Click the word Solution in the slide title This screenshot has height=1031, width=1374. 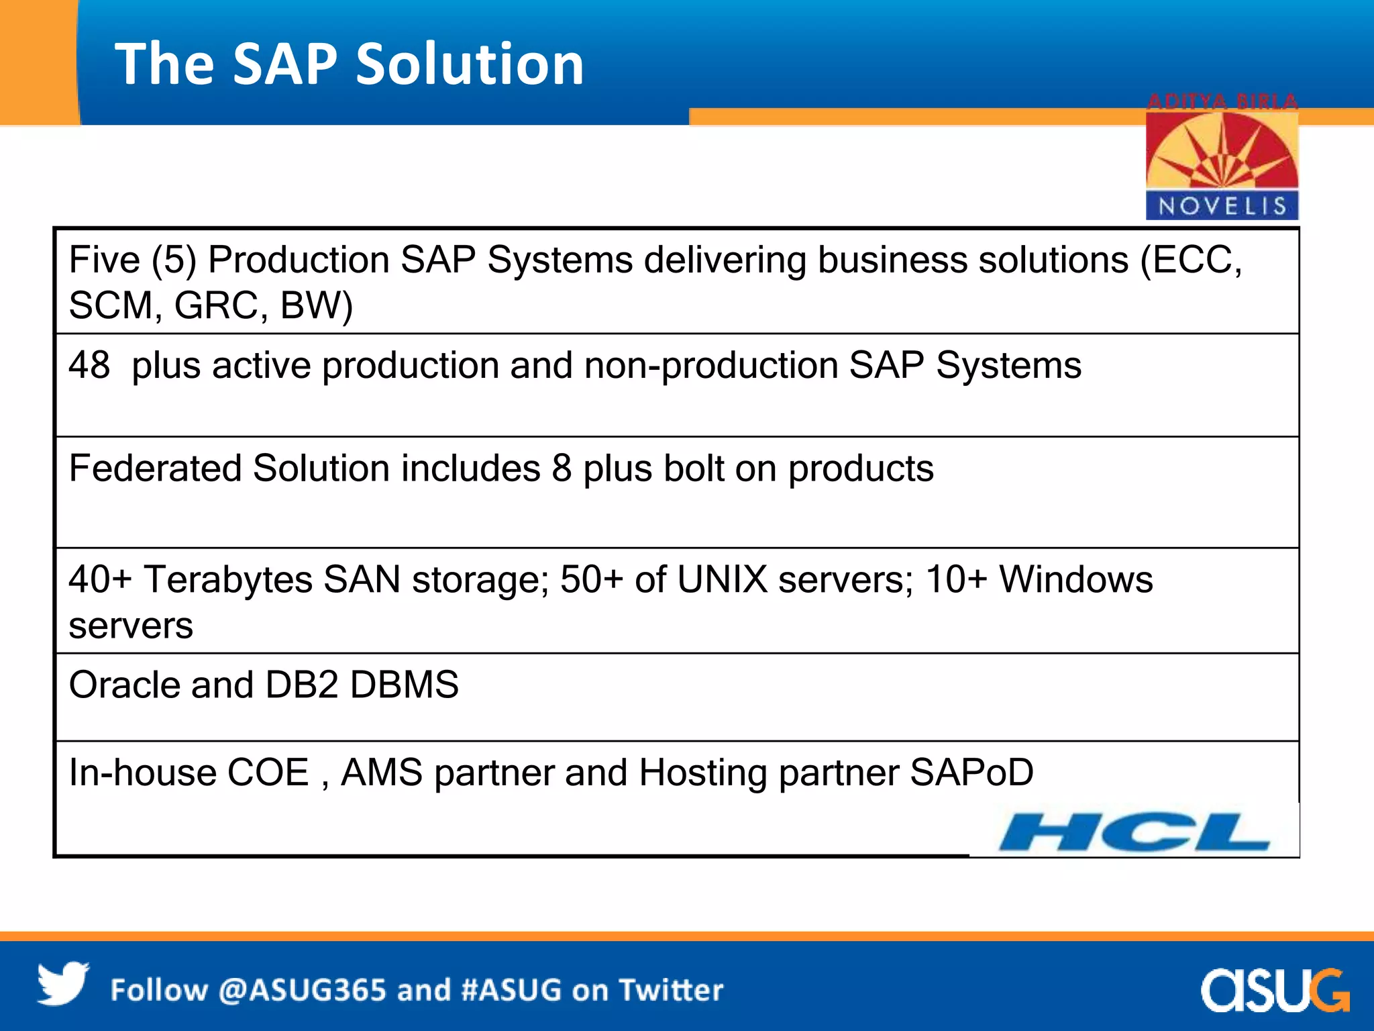pyautogui.click(x=469, y=64)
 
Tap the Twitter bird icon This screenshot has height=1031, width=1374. pyautogui.click(x=62, y=984)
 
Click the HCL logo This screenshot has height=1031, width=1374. pyautogui.click(x=1134, y=832)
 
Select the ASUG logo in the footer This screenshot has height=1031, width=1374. pyautogui.click(x=1275, y=989)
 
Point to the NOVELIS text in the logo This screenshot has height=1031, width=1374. pyautogui.click(x=1222, y=206)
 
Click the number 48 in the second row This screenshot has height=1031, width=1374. pyautogui.click(x=89, y=366)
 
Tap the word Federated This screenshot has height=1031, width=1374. pyautogui.click(x=155, y=468)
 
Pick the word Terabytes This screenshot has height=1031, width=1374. pyautogui.click(x=228, y=579)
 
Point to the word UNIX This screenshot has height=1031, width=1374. pyautogui.click(x=722, y=579)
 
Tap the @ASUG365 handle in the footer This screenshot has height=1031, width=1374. pyautogui.click(x=302, y=991)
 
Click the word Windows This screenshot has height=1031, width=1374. pyautogui.click(x=1076, y=579)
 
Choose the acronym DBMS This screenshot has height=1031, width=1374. pyautogui.click(x=404, y=685)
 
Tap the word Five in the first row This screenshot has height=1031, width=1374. pyautogui.click(x=104, y=260)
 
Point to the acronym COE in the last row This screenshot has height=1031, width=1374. pyautogui.click(x=268, y=773)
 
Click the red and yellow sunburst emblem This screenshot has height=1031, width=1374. pyautogui.click(x=1222, y=151)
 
